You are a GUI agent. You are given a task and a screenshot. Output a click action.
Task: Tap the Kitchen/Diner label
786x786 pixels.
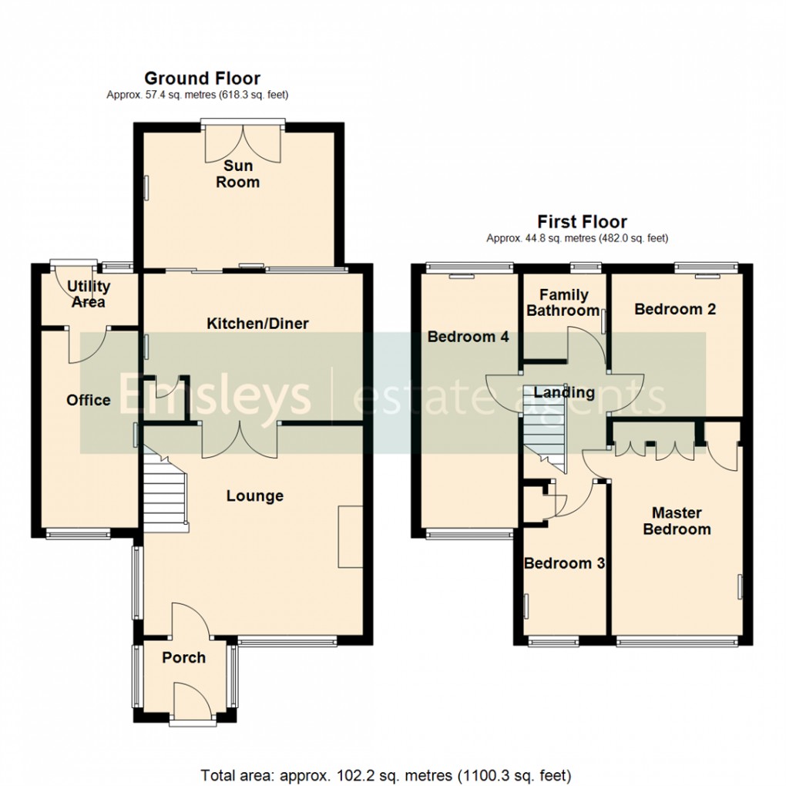257,324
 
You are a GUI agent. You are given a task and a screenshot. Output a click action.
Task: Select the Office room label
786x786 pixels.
88,400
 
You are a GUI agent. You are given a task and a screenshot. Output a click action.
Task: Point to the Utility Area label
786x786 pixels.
89,294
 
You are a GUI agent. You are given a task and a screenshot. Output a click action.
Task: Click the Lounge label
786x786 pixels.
254,496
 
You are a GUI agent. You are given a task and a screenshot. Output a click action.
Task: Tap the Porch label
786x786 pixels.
183,657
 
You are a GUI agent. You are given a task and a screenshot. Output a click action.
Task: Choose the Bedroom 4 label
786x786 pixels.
462,337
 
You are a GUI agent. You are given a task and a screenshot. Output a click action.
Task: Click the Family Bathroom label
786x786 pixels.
563,303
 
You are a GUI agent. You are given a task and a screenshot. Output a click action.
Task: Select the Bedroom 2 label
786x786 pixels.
675,309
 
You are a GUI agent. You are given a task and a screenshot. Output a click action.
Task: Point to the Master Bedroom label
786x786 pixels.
677,521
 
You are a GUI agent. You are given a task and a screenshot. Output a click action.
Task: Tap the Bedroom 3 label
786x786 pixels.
563,563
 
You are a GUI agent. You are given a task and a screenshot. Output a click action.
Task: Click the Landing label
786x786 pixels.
564,393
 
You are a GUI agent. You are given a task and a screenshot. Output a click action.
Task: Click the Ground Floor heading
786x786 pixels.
202,78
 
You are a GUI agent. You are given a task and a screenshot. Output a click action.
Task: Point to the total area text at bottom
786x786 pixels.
385,774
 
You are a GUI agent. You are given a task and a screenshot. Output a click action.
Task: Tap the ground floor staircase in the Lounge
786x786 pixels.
164,493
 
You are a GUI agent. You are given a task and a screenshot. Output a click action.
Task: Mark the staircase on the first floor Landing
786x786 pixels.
544,432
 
